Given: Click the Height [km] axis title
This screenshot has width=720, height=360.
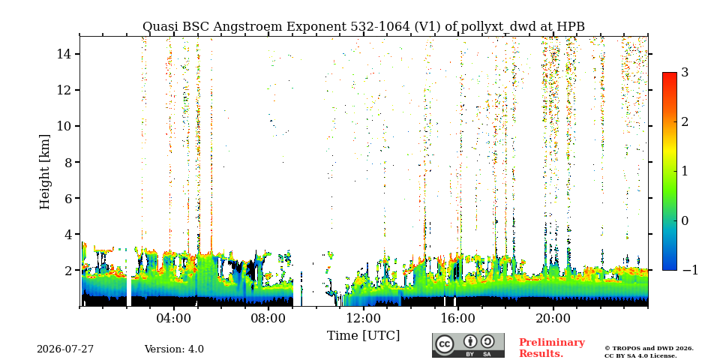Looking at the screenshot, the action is [x=44, y=172].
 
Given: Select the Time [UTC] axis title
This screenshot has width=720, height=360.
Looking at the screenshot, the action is [x=363, y=336].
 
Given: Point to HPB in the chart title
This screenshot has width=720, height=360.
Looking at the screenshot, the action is [x=571, y=27].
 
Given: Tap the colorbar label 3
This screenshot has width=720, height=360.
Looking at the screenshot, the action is [x=685, y=73].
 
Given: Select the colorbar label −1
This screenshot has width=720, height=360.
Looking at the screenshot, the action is [x=690, y=270].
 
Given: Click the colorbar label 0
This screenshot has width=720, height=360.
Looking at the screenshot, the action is [x=685, y=220].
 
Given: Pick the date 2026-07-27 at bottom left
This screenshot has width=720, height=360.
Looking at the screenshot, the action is [x=65, y=349].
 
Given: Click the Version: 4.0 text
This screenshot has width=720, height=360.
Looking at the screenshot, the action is [x=174, y=349].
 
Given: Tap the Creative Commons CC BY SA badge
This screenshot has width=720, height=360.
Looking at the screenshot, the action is [x=468, y=345].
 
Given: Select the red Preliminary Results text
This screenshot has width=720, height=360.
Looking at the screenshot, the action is [x=552, y=347].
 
